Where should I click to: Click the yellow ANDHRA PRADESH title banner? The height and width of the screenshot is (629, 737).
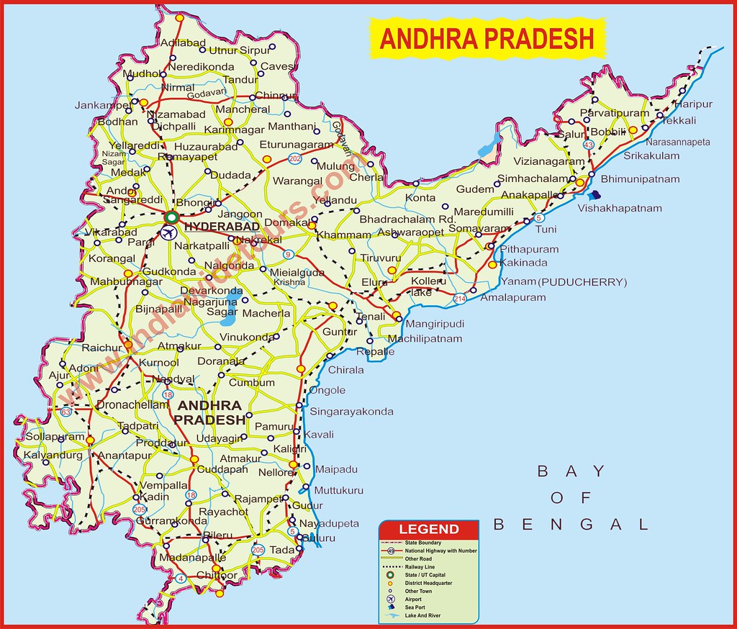click(x=487, y=38)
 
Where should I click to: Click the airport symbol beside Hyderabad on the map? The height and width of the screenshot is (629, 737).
click(x=170, y=232)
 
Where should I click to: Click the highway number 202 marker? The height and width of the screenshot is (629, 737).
click(x=294, y=158)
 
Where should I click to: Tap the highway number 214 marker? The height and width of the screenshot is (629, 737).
click(x=460, y=298)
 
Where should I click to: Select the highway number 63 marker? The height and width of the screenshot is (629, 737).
click(x=66, y=412)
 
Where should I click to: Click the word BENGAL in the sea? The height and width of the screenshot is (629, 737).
click(x=571, y=525)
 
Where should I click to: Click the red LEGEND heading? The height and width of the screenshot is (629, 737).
click(x=429, y=530)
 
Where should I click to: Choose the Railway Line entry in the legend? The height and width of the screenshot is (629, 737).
click(x=420, y=567)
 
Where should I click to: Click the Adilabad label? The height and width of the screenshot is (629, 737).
click(x=183, y=42)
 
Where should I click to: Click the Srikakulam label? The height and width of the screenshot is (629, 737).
click(x=651, y=155)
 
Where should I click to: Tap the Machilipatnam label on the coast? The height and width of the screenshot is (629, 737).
click(x=425, y=339)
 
